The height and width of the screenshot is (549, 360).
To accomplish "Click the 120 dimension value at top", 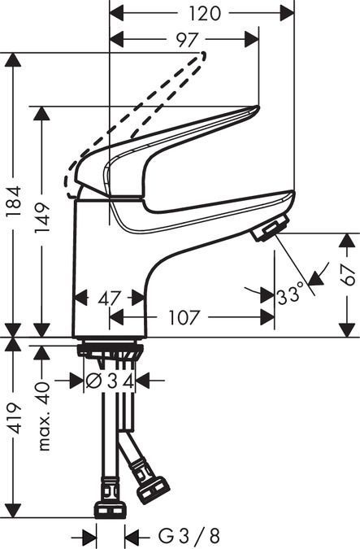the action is (205, 13).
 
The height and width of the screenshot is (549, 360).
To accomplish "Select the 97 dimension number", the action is (187, 40).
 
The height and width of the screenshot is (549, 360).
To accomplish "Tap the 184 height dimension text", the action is (15, 202).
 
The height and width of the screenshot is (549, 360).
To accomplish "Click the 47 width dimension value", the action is (109, 298).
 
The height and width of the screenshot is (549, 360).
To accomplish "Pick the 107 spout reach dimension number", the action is (184, 317).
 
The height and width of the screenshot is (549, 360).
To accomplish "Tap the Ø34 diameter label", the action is (110, 381).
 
